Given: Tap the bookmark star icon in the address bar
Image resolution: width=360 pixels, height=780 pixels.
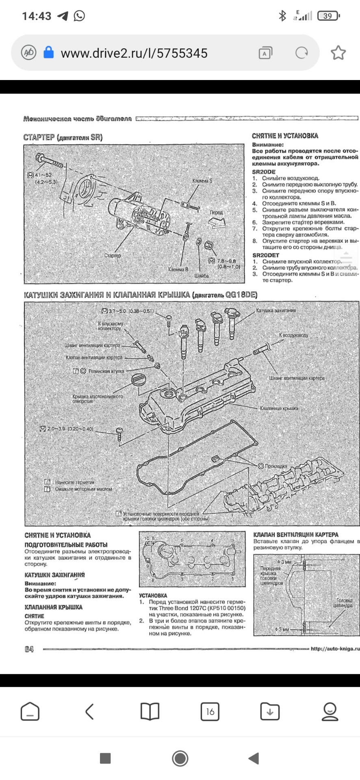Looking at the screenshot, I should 338,53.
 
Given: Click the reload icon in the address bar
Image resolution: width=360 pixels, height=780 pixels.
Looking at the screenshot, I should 301,53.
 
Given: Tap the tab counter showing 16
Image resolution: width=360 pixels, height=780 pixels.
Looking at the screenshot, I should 210,712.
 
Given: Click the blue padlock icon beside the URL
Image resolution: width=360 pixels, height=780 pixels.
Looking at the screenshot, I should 48,52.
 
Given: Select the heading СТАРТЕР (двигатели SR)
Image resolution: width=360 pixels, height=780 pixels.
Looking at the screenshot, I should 63,138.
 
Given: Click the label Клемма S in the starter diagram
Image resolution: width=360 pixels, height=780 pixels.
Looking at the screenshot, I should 202,180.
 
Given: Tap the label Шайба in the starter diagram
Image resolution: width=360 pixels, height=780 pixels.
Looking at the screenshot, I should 202,276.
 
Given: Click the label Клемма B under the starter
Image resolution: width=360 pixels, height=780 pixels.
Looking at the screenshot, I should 178,269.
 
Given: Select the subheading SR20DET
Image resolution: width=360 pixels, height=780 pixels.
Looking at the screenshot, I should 266,255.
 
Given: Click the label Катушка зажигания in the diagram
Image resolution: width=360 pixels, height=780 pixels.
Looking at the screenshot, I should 276,310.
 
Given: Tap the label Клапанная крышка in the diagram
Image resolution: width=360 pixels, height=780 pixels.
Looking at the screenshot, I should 279,408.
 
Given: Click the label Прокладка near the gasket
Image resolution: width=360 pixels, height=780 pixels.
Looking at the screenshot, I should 276,466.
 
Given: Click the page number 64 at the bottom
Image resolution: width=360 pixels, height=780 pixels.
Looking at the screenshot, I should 29,649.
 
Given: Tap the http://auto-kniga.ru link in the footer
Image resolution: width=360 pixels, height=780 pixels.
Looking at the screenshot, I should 335,649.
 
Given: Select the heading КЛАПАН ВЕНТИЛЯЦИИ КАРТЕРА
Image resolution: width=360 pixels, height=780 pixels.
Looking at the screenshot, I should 296,535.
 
